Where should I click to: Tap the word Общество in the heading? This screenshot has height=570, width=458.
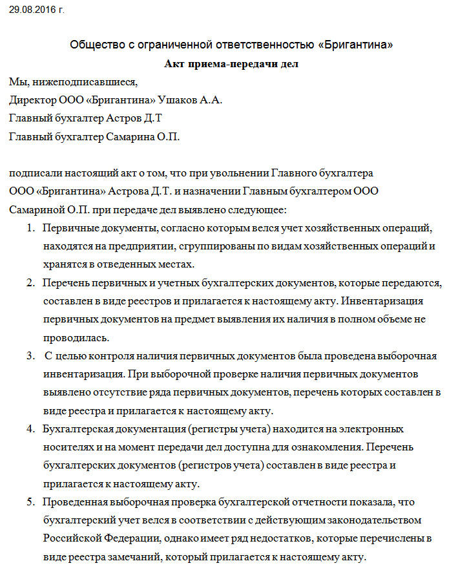[93, 45]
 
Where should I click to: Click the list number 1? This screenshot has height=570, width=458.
[30, 228]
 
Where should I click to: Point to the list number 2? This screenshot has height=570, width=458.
[30, 283]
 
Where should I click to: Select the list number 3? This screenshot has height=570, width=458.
[30, 356]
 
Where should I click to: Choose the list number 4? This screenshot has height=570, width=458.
[30, 429]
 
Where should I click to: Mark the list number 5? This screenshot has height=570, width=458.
[30, 502]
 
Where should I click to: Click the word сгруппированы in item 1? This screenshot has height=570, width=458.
[223, 246]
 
